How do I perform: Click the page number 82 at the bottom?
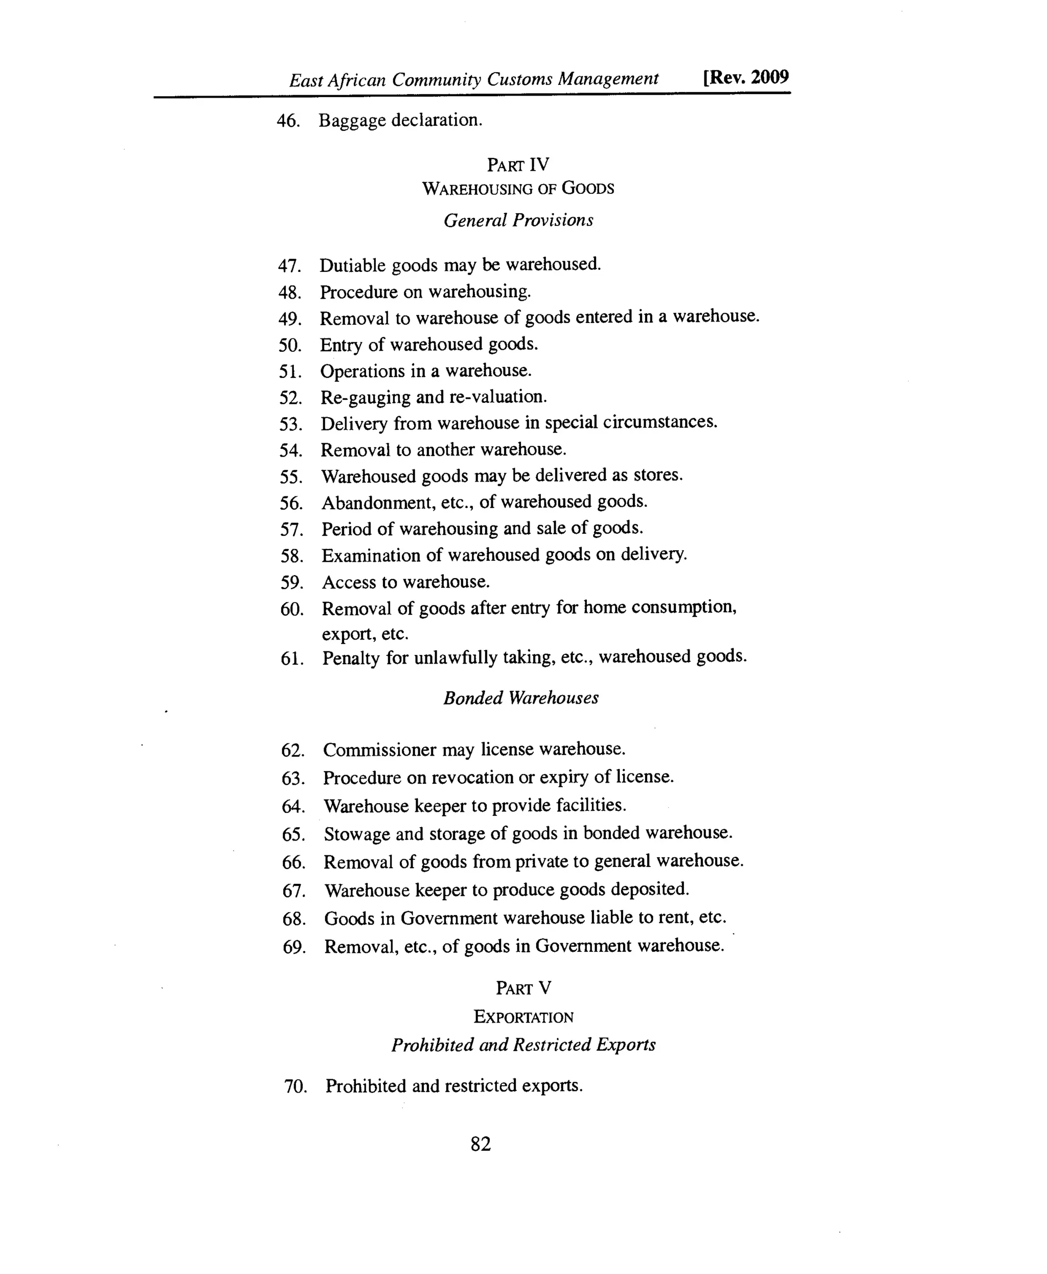tap(480, 1144)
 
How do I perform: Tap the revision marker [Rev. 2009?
tap(745, 78)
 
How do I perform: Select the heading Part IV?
tap(518, 165)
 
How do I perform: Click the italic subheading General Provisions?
tap(518, 220)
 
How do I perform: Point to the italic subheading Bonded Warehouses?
tap(520, 698)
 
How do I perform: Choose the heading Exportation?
tap(523, 1016)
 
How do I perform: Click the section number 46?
tap(288, 121)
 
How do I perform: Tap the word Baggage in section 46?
tap(352, 121)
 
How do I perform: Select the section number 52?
tap(290, 398)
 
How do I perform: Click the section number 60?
tap(291, 609)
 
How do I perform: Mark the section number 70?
tap(295, 1087)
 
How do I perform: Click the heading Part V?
tap(523, 988)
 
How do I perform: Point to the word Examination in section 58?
tap(370, 556)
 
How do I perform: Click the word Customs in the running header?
tap(519, 79)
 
